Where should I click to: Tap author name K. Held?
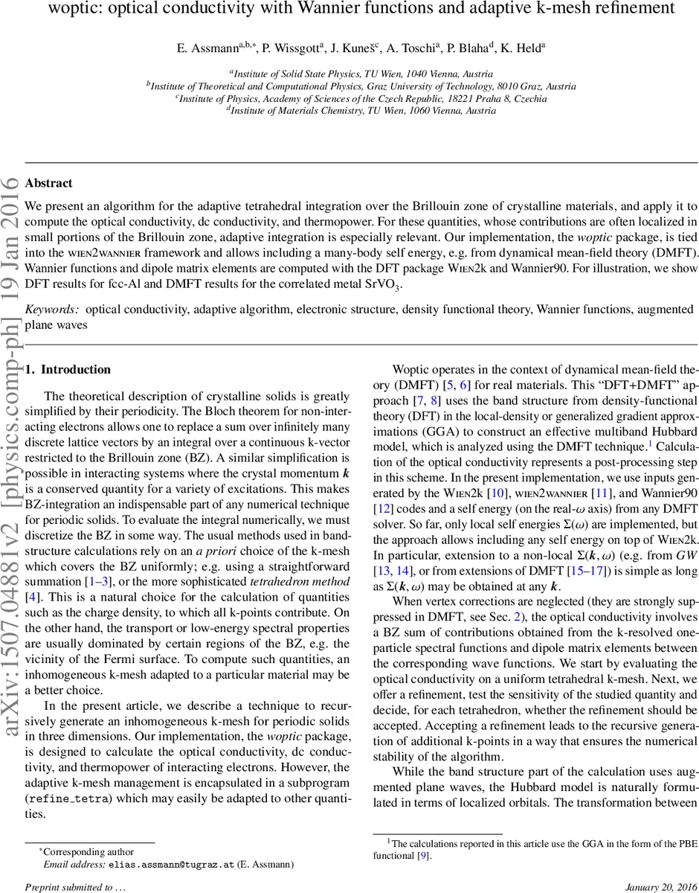coord(522,47)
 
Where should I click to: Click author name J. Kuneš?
coord(355,47)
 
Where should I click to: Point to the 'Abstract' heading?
coord(49,183)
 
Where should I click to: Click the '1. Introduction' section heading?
coord(68,370)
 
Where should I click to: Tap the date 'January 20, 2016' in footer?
coord(658,887)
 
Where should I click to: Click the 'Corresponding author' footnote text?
coord(88,852)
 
